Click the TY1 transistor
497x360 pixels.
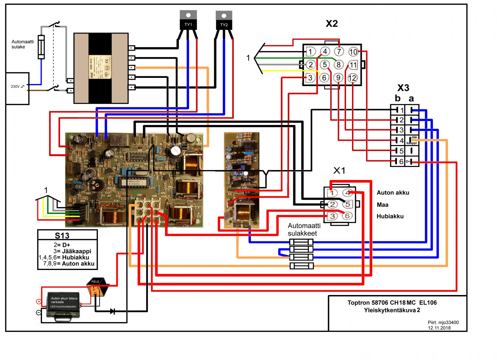pos(188,20)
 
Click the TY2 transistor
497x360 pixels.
pos(224,20)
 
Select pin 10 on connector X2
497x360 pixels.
pos(353,52)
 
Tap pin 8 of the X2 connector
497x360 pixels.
pos(339,65)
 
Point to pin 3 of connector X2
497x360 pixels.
pos(310,78)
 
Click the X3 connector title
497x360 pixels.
pos(403,88)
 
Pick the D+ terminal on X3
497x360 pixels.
pos(408,162)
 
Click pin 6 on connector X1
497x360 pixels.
pos(347,216)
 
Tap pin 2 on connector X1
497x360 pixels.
pos(332,204)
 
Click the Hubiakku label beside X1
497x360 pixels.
pos(390,216)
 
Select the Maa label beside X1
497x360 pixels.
pos(382,205)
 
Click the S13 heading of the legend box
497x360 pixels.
pos(62,236)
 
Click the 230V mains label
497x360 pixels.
pos(15,87)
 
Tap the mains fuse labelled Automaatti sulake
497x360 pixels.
pos(41,47)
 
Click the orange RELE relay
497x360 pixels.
pos(96,287)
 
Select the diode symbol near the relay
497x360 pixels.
pos(113,311)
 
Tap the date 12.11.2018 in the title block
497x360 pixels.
pos(439,328)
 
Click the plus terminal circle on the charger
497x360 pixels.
pos(39,301)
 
